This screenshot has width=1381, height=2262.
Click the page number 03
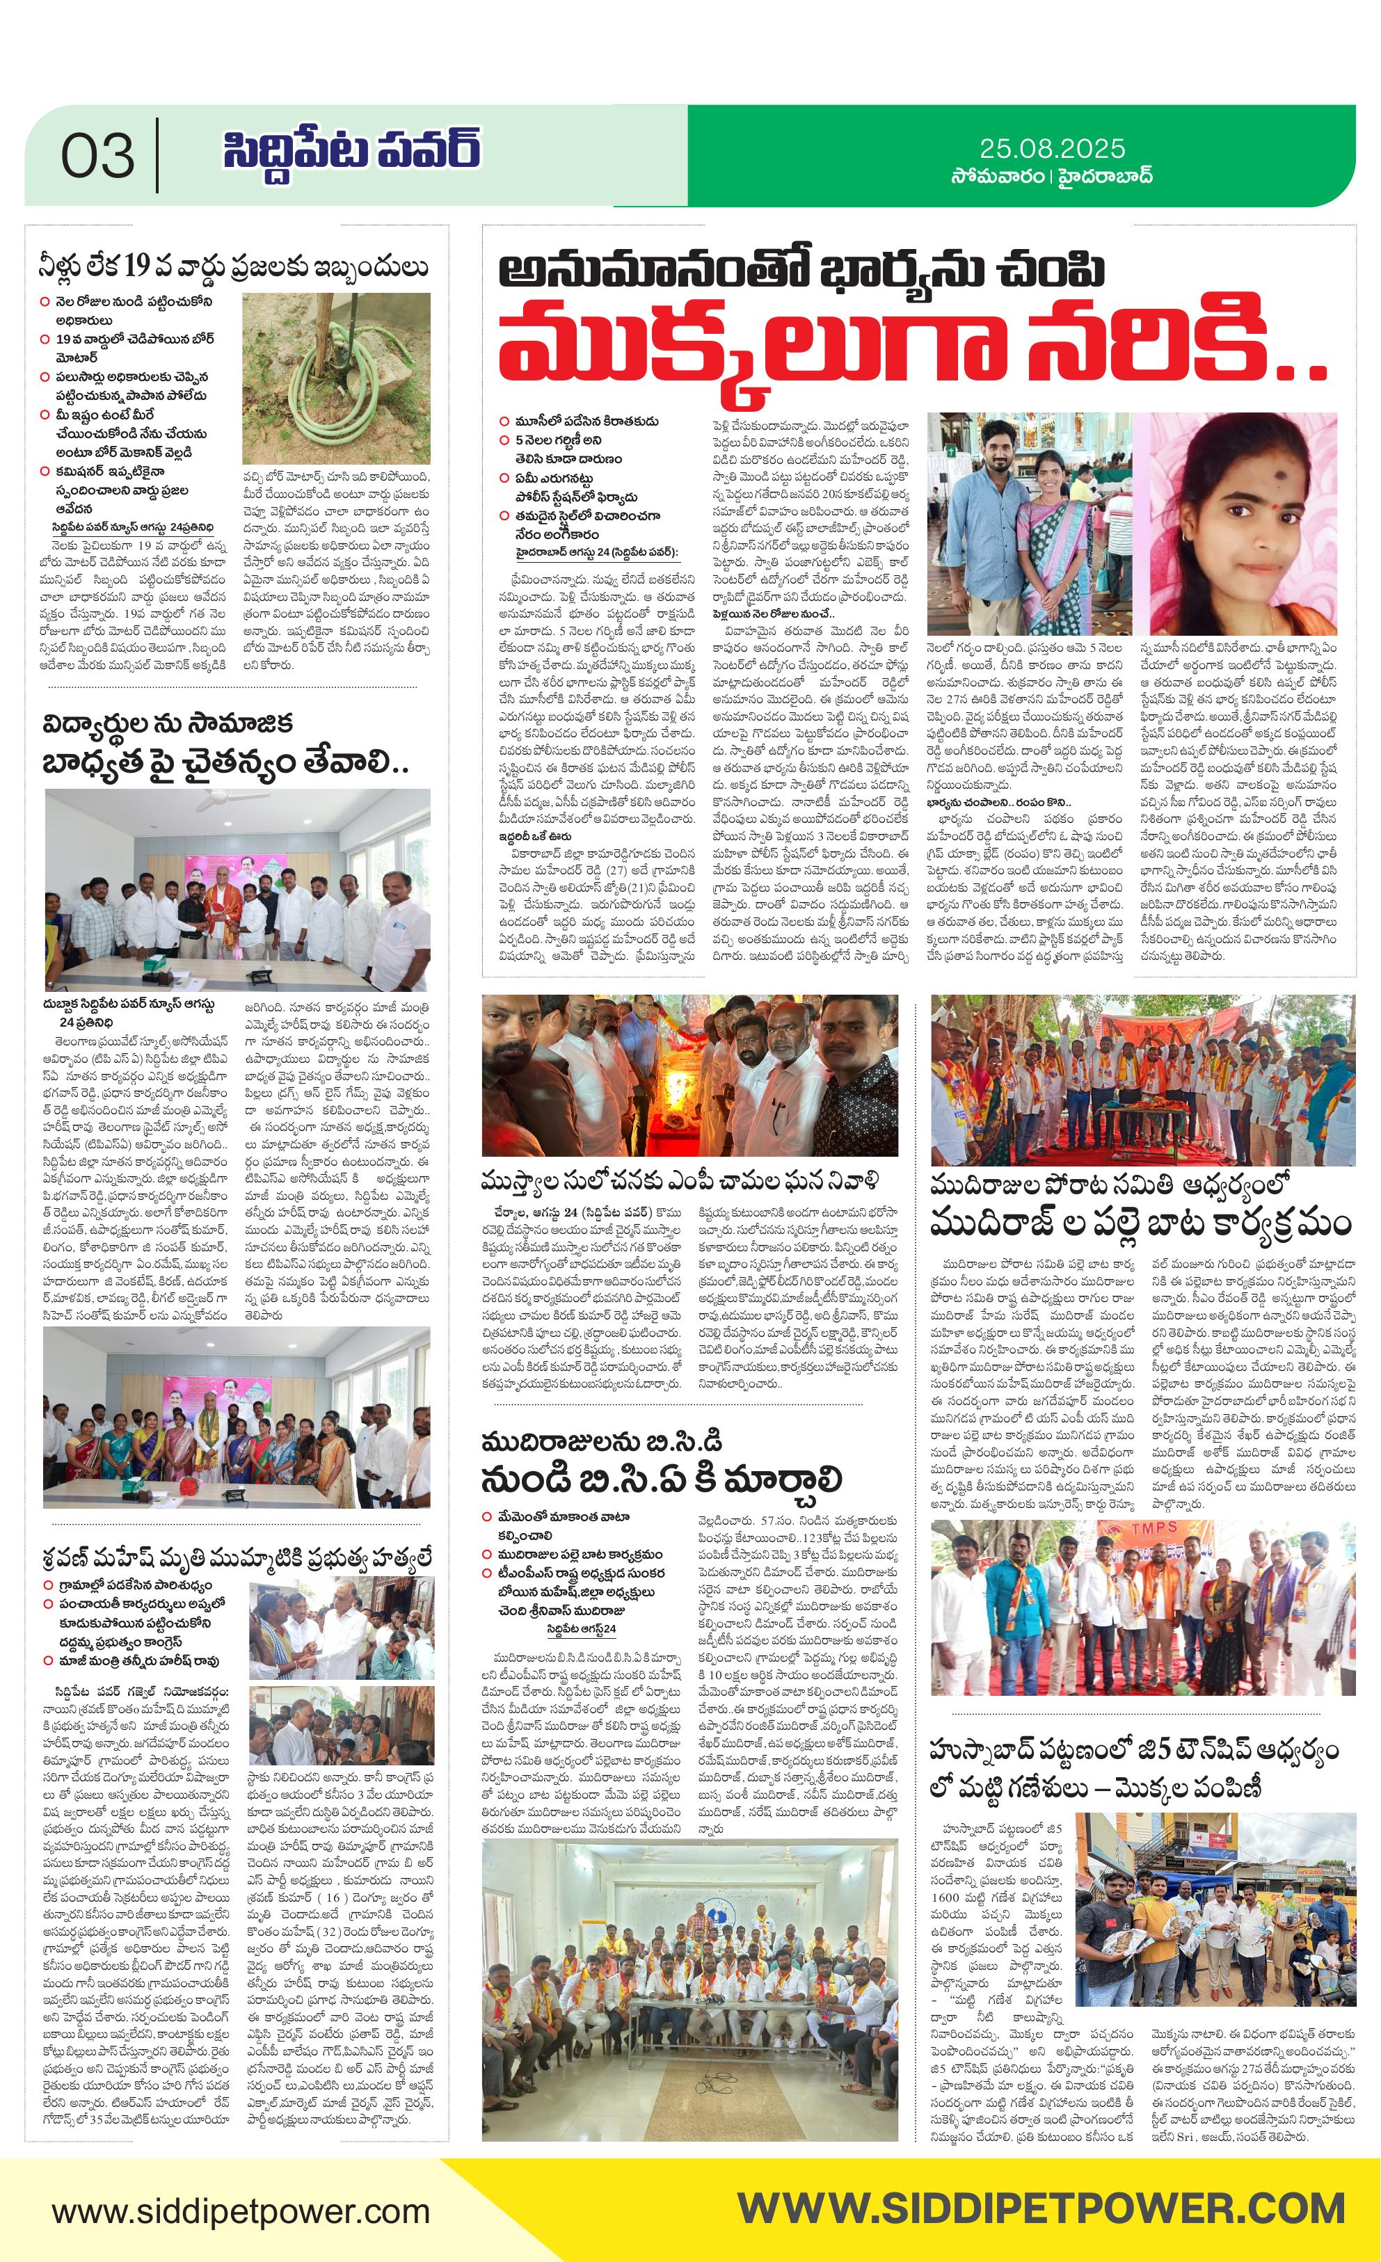click(x=97, y=156)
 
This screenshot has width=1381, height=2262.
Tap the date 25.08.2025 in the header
click(x=1051, y=149)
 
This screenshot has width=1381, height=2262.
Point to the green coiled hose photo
click(x=336, y=377)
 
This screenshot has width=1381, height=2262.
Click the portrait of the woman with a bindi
click(x=1243, y=522)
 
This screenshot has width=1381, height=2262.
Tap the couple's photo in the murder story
click(x=1032, y=522)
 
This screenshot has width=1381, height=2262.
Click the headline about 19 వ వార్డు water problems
click(x=233, y=267)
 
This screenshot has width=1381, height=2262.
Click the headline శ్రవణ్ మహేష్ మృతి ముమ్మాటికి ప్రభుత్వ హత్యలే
click(x=237, y=1558)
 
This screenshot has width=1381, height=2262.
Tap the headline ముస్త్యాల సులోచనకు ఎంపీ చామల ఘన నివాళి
click(x=680, y=1180)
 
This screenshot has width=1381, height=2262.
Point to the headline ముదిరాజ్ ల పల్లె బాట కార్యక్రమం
click(x=1140, y=1224)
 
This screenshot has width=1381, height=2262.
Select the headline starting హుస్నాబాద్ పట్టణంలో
click(x=1133, y=1751)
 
